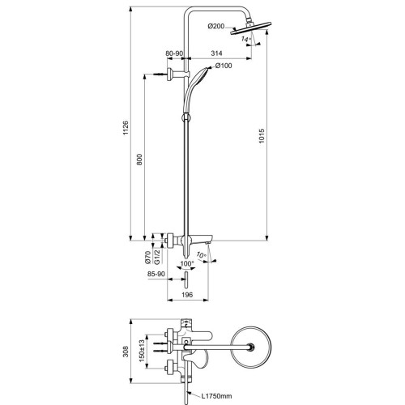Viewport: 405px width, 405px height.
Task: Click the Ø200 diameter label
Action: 216,26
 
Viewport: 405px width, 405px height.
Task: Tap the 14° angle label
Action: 245,39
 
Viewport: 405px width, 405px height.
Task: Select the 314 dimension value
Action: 216,53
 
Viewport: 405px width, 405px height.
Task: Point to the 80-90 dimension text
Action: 174,53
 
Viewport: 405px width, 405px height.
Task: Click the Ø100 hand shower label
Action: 224,66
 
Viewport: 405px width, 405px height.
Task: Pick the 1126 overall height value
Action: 126,128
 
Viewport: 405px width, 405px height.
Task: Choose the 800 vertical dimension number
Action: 139,160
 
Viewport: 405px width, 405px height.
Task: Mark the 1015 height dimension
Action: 262,136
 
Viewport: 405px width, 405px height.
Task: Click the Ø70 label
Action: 147,257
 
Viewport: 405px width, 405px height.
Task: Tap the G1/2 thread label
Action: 157,257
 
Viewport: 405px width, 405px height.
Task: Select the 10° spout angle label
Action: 202,254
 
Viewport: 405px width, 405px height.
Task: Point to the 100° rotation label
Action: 187,263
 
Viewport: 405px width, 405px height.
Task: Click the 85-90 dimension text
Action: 156,274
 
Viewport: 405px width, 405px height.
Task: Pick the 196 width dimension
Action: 187,295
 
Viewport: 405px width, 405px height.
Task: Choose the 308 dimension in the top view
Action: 126,352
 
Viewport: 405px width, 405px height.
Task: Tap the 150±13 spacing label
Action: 142,351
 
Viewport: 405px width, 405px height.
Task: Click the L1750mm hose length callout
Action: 217,396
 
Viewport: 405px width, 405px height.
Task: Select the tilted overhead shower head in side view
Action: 251,28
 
